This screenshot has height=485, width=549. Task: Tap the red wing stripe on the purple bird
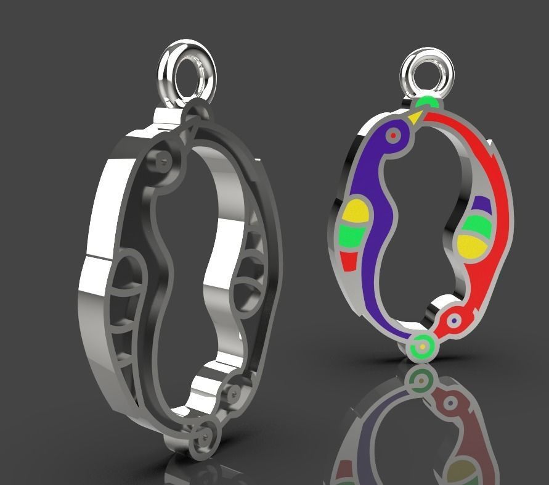click(349, 261)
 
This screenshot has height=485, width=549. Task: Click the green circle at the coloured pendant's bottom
click(422, 347)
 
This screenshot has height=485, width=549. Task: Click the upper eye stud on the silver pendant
click(163, 160)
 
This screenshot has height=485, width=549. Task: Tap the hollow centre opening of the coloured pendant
click(419, 234)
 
